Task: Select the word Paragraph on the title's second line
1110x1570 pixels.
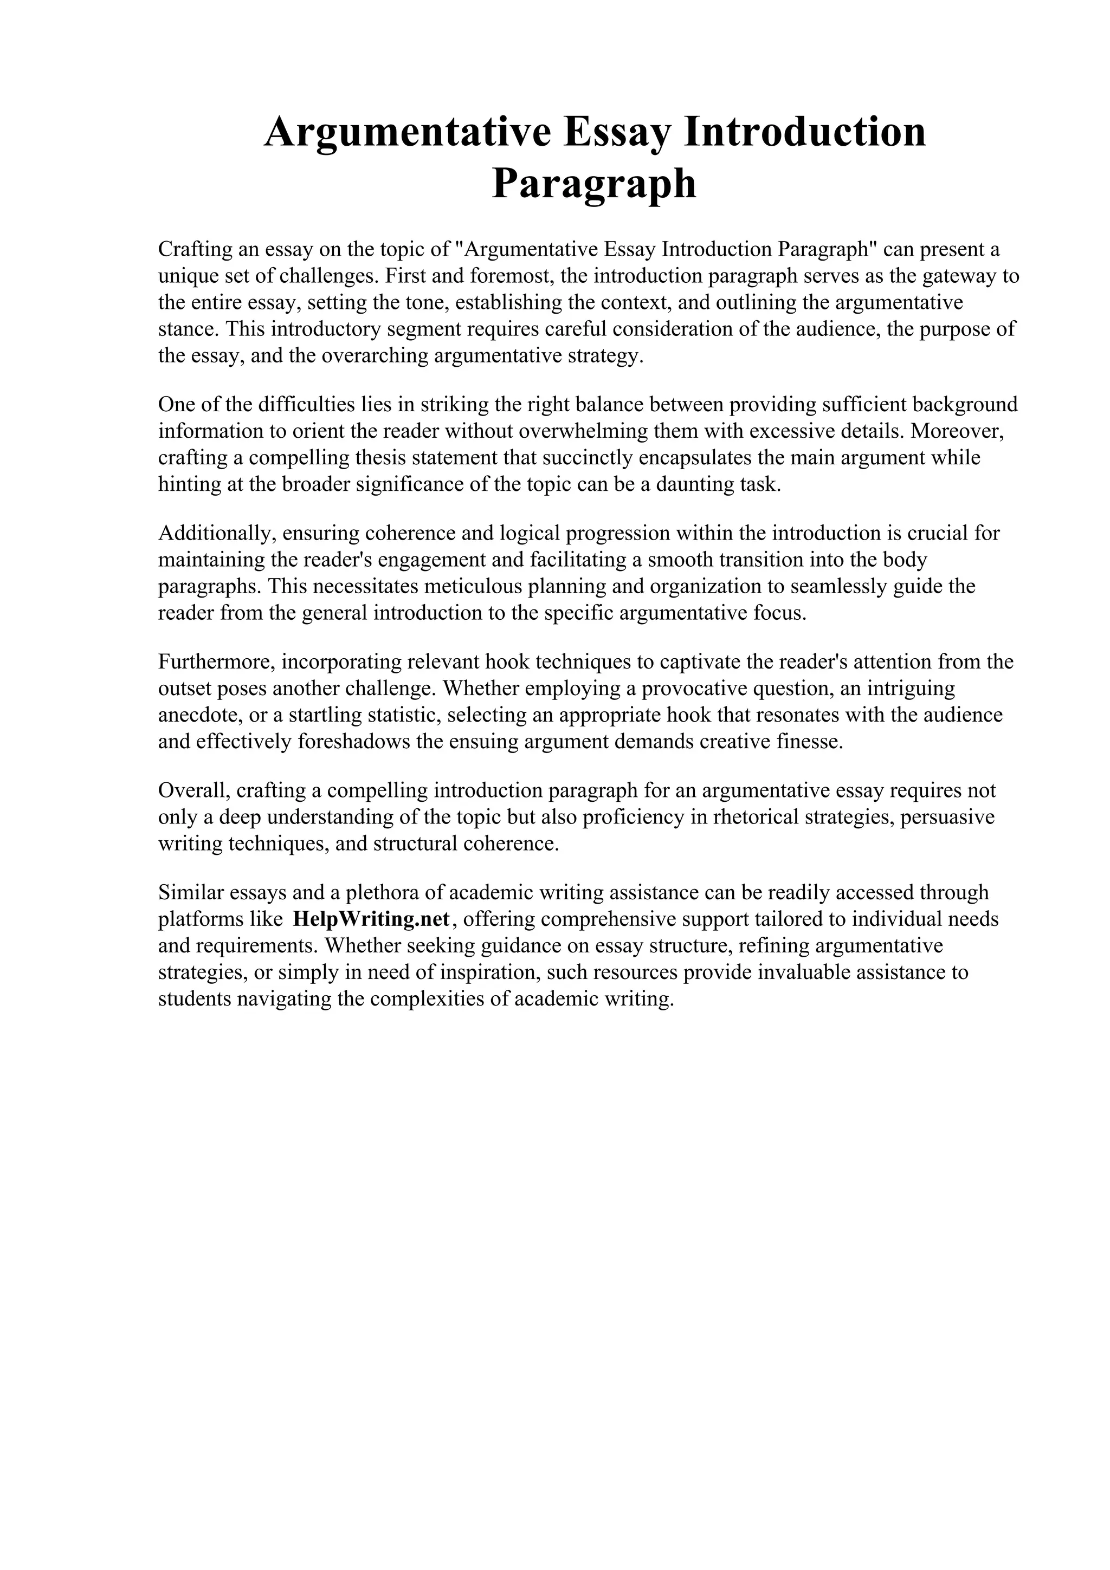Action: click(x=593, y=184)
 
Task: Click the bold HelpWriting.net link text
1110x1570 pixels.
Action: click(x=371, y=918)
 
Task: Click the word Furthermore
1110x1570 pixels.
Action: click(x=216, y=661)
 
